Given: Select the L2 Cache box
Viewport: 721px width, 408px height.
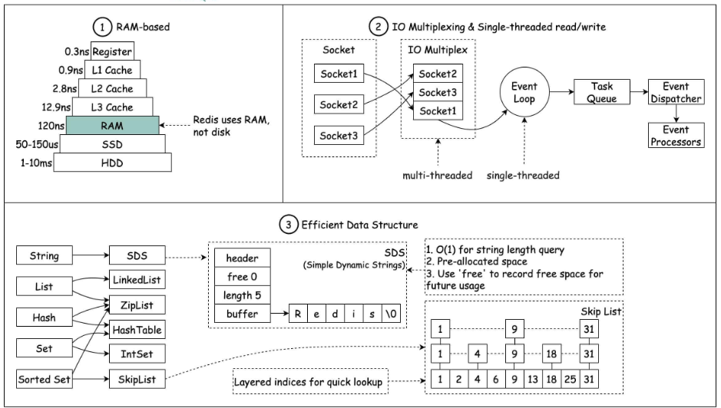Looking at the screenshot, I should tap(112, 88).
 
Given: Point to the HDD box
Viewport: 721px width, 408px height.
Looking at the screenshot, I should tap(112, 162).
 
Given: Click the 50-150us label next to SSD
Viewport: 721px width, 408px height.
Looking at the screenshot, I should tap(36, 143).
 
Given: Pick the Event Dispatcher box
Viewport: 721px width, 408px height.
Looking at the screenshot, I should tap(675, 93).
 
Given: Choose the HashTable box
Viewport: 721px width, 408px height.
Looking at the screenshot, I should tap(136, 329).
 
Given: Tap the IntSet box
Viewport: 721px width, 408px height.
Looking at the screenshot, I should tap(136, 354).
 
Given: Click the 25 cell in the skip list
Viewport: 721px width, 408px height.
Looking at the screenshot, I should tap(570, 380).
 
